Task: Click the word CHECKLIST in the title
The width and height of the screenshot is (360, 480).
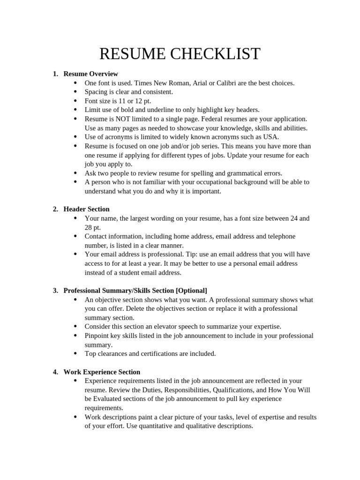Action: point(215,54)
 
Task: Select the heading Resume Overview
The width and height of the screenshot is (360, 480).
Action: point(91,74)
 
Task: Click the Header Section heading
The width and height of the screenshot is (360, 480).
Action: point(87,209)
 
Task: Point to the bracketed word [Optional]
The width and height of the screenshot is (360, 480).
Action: point(191,291)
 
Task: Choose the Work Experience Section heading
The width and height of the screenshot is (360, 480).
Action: point(102,372)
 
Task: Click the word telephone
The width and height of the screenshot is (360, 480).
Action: point(281,236)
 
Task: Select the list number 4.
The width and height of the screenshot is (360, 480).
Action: point(55,372)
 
